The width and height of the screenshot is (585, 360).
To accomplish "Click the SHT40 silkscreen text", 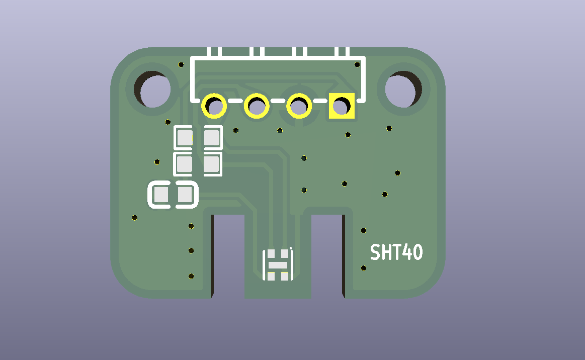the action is coord(396,252).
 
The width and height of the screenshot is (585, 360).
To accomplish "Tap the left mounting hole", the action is coord(152,89).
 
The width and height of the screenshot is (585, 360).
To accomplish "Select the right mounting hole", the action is coord(403,89).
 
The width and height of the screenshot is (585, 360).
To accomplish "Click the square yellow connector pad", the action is coord(342,106).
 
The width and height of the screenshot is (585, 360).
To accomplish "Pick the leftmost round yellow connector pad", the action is coord(214,106).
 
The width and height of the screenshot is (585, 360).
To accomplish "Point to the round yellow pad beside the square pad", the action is coord(299,106).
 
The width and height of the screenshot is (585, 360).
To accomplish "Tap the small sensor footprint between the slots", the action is coord(278,265).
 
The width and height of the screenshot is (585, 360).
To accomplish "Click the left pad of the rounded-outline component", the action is coord(161,195).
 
